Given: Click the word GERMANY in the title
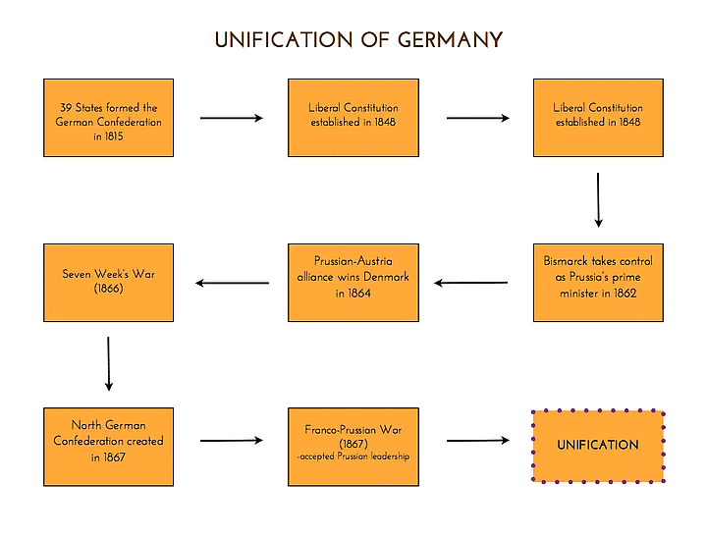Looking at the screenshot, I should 450,40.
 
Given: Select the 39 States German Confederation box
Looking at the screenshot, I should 108,118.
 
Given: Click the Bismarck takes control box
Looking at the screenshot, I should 598,283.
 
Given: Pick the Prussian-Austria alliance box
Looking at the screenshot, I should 353,283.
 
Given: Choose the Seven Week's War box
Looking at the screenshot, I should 108,283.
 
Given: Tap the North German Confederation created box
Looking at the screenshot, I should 108,447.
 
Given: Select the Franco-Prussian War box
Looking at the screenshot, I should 353,447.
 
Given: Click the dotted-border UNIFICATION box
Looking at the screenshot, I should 598,447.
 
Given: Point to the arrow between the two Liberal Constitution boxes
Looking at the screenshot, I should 477,118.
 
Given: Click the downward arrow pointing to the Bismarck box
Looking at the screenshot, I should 598,200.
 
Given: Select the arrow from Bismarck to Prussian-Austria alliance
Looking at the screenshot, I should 471,283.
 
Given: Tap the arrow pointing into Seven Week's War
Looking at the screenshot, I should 232,283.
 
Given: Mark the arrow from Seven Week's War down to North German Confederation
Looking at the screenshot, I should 108,363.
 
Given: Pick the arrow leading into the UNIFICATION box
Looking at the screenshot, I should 477,441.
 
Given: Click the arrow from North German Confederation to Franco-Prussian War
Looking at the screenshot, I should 232,441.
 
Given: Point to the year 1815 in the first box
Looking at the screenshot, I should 115,136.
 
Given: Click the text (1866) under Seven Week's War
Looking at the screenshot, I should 108,290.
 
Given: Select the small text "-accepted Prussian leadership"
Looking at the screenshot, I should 353,456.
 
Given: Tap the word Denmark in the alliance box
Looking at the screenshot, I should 386,277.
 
